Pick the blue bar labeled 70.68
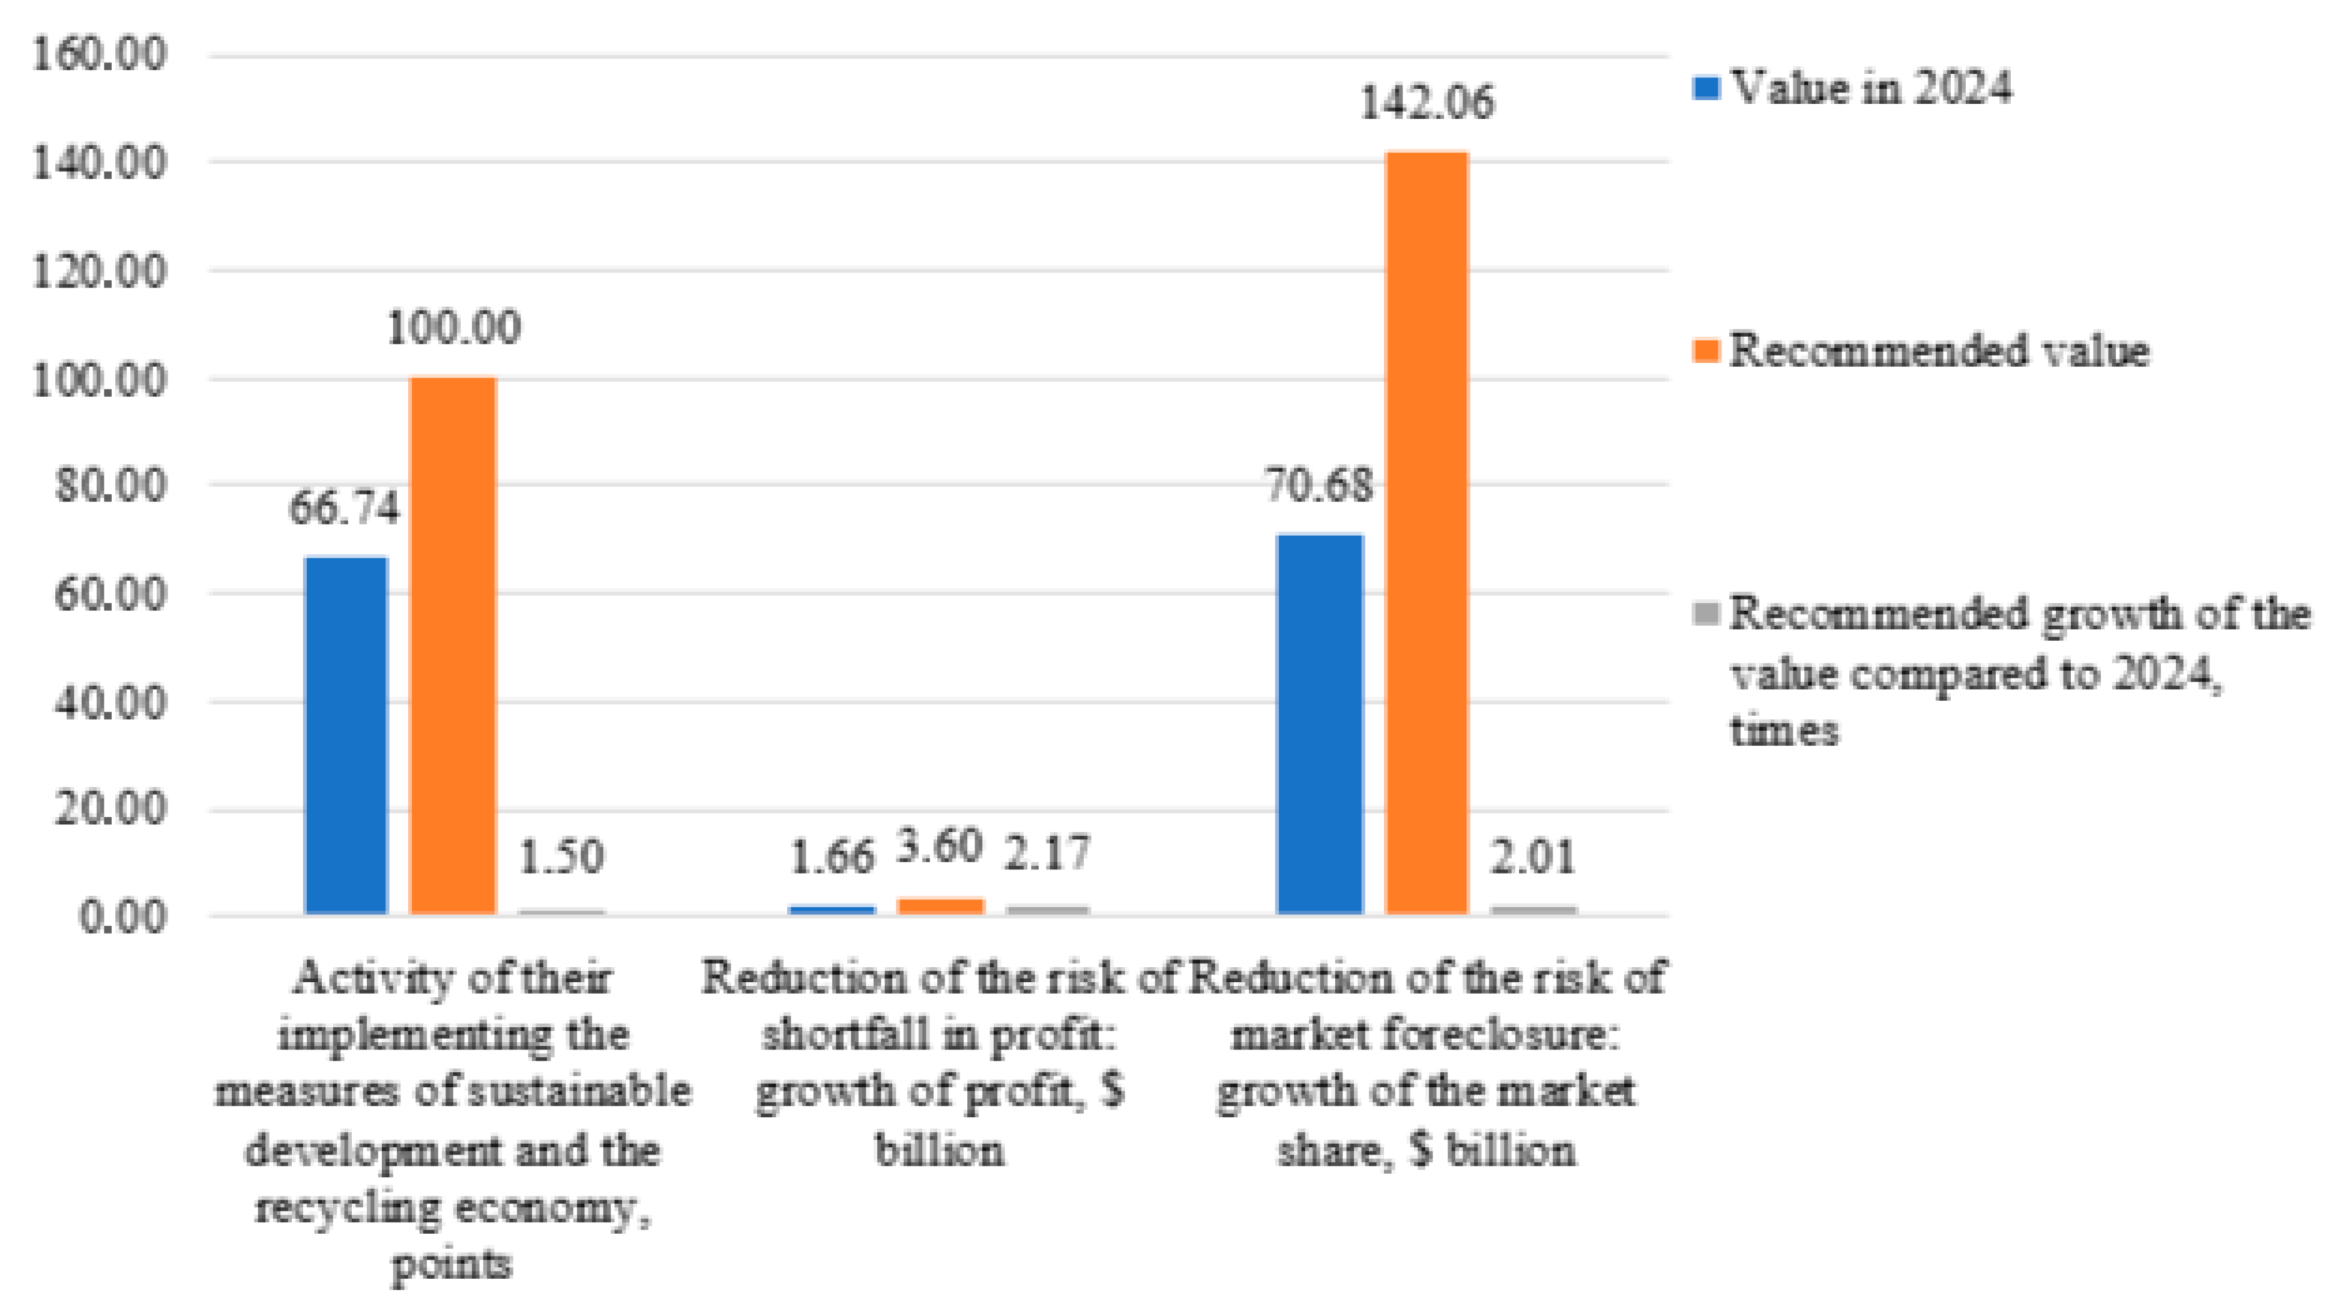pyautogui.click(x=1320, y=724)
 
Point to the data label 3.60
pyautogui.click(x=940, y=847)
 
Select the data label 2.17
pyautogui.click(x=1047, y=853)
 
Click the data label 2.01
pyautogui.click(x=1533, y=856)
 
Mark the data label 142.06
pyautogui.click(x=1427, y=101)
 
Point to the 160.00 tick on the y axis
pyautogui.click(x=100, y=54)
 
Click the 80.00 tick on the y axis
pyautogui.click(x=110, y=485)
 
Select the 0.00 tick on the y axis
pyautogui.click(x=122, y=916)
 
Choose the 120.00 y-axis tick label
pyautogui.click(x=100, y=270)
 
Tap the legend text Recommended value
pyautogui.click(x=1939, y=350)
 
